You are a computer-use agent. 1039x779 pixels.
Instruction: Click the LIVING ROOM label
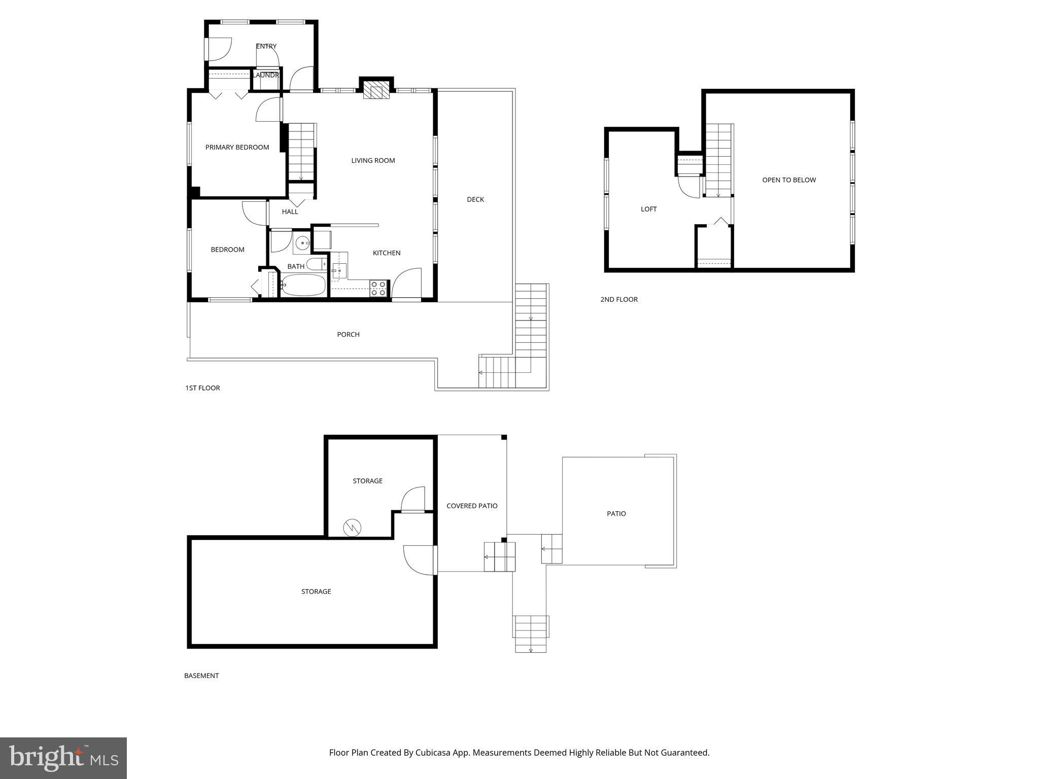coord(373,161)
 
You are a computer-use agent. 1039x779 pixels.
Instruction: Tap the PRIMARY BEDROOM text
coord(237,148)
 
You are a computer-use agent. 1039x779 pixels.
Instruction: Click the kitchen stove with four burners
coord(378,288)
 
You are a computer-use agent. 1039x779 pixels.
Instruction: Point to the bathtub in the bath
coord(303,285)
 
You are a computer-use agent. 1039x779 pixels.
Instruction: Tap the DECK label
coord(475,199)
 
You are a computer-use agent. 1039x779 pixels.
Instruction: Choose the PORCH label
coord(348,334)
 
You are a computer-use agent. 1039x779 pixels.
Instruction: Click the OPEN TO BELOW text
coord(789,180)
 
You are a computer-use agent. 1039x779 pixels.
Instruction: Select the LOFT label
coord(648,209)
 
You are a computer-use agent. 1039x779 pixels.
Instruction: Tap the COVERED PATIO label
coord(472,506)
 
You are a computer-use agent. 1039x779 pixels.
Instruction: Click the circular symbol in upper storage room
coord(352,527)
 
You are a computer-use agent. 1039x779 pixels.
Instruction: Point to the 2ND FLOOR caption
coord(619,299)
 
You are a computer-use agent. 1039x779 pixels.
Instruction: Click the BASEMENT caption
coord(201,676)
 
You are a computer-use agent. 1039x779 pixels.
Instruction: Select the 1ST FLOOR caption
coord(202,388)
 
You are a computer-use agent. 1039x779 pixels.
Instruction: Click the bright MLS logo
coord(63,758)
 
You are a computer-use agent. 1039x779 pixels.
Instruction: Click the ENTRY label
coord(266,46)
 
